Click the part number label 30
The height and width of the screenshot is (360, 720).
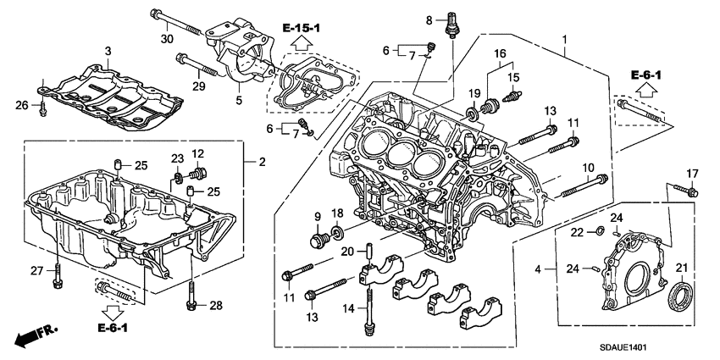pos(166,38)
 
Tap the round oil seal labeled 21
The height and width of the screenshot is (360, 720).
pos(680,298)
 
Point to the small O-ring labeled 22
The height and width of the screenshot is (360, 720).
pos(601,230)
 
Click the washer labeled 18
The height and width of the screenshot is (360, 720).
pos(337,231)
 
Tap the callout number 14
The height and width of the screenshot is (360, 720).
pos(346,310)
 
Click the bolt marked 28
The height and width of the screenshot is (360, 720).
pos(192,296)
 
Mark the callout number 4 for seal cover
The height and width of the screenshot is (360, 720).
pos(538,270)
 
